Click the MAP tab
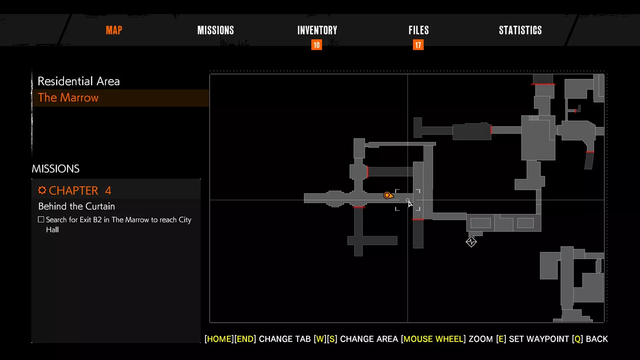(x=114, y=30)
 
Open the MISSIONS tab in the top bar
(x=216, y=30)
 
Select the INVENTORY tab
(x=317, y=30)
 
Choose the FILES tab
(x=419, y=30)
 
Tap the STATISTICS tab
(x=520, y=30)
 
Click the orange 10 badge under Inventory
(x=317, y=45)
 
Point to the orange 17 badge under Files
(x=418, y=45)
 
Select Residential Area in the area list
(x=79, y=81)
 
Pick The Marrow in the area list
(x=68, y=97)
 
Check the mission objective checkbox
(x=41, y=219)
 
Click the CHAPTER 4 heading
(x=80, y=190)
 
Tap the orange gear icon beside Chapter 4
(x=42, y=190)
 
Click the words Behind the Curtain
(x=77, y=206)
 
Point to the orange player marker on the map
(x=388, y=195)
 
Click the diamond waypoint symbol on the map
(x=471, y=242)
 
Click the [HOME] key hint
(x=219, y=339)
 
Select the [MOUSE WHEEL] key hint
(x=433, y=339)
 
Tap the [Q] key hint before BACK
(x=578, y=339)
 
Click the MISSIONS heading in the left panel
(x=56, y=169)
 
